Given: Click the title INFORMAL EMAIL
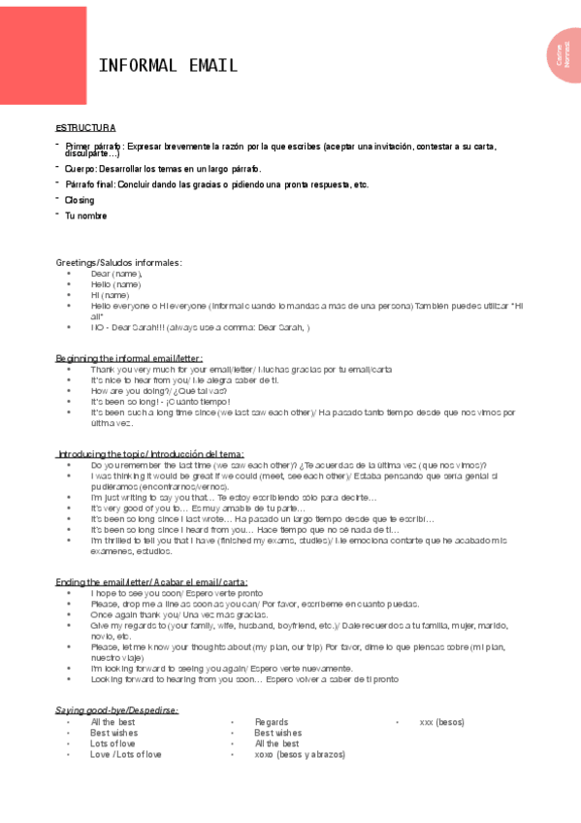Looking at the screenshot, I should point(168,66).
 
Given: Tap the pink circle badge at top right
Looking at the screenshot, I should point(564,55).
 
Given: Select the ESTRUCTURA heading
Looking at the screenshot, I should point(85,128).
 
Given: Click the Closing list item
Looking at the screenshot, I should point(80,200).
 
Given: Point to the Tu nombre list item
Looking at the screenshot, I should point(85,215).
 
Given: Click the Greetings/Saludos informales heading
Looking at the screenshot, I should point(118,263).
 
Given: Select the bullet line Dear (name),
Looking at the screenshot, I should point(116,274).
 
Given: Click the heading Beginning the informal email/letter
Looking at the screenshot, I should point(129,359).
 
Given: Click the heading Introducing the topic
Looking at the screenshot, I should point(150,454).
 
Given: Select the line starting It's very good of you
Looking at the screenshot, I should point(198,509).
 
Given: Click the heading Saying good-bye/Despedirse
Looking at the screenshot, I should point(116,710).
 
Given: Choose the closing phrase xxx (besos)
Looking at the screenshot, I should point(441,722).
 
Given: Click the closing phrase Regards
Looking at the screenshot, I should point(272,722).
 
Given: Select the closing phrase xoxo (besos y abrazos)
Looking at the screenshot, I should point(300,754).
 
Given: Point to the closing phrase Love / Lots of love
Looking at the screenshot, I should point(126,754).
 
